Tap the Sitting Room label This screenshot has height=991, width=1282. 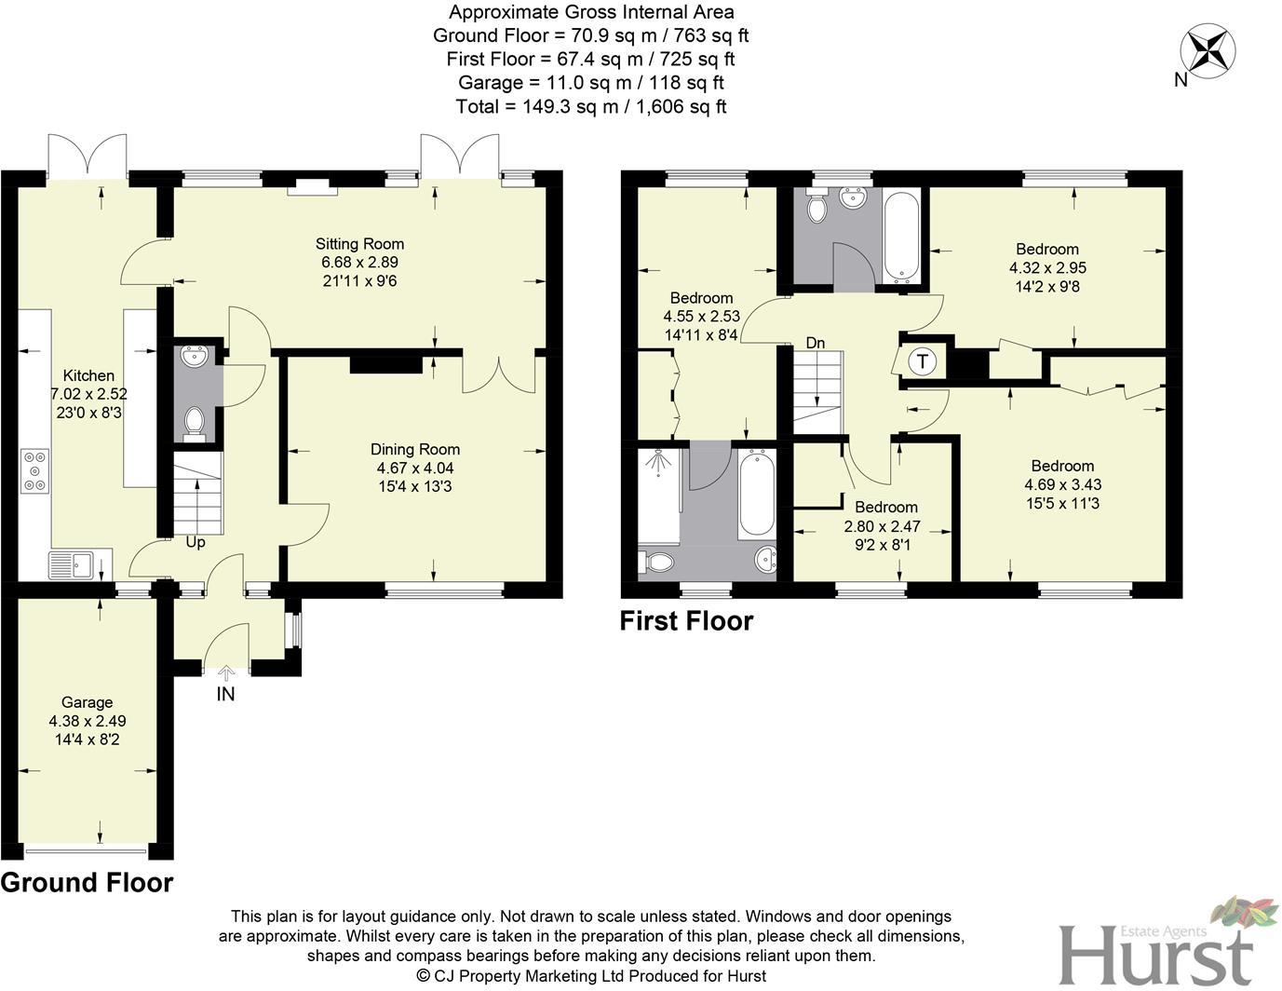click(x=359, y=244)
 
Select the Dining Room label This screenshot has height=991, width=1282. click(x=415, y=450)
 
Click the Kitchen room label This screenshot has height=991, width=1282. click(x=88, y=375)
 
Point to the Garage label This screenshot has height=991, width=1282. click(x=88, y=702)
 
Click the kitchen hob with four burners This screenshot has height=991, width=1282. click(x=35, y=471)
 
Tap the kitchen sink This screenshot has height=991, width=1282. click(x=71, y=564)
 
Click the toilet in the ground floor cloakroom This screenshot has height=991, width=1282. click(x=195, y=422)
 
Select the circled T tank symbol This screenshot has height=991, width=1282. click(x=922, y=361)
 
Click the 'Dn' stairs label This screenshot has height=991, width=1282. click(x=816, y=343)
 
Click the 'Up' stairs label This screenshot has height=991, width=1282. click(x=195, y=542)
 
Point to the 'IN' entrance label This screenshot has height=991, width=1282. click(x=225, y=694)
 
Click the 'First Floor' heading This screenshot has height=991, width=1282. click(x=686, y=621)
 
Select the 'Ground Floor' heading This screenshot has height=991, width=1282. click(x=87, y=883)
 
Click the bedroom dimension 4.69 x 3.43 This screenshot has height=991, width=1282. click(x=1062, y=484)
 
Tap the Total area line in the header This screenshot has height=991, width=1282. click(x=590, y=106)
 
